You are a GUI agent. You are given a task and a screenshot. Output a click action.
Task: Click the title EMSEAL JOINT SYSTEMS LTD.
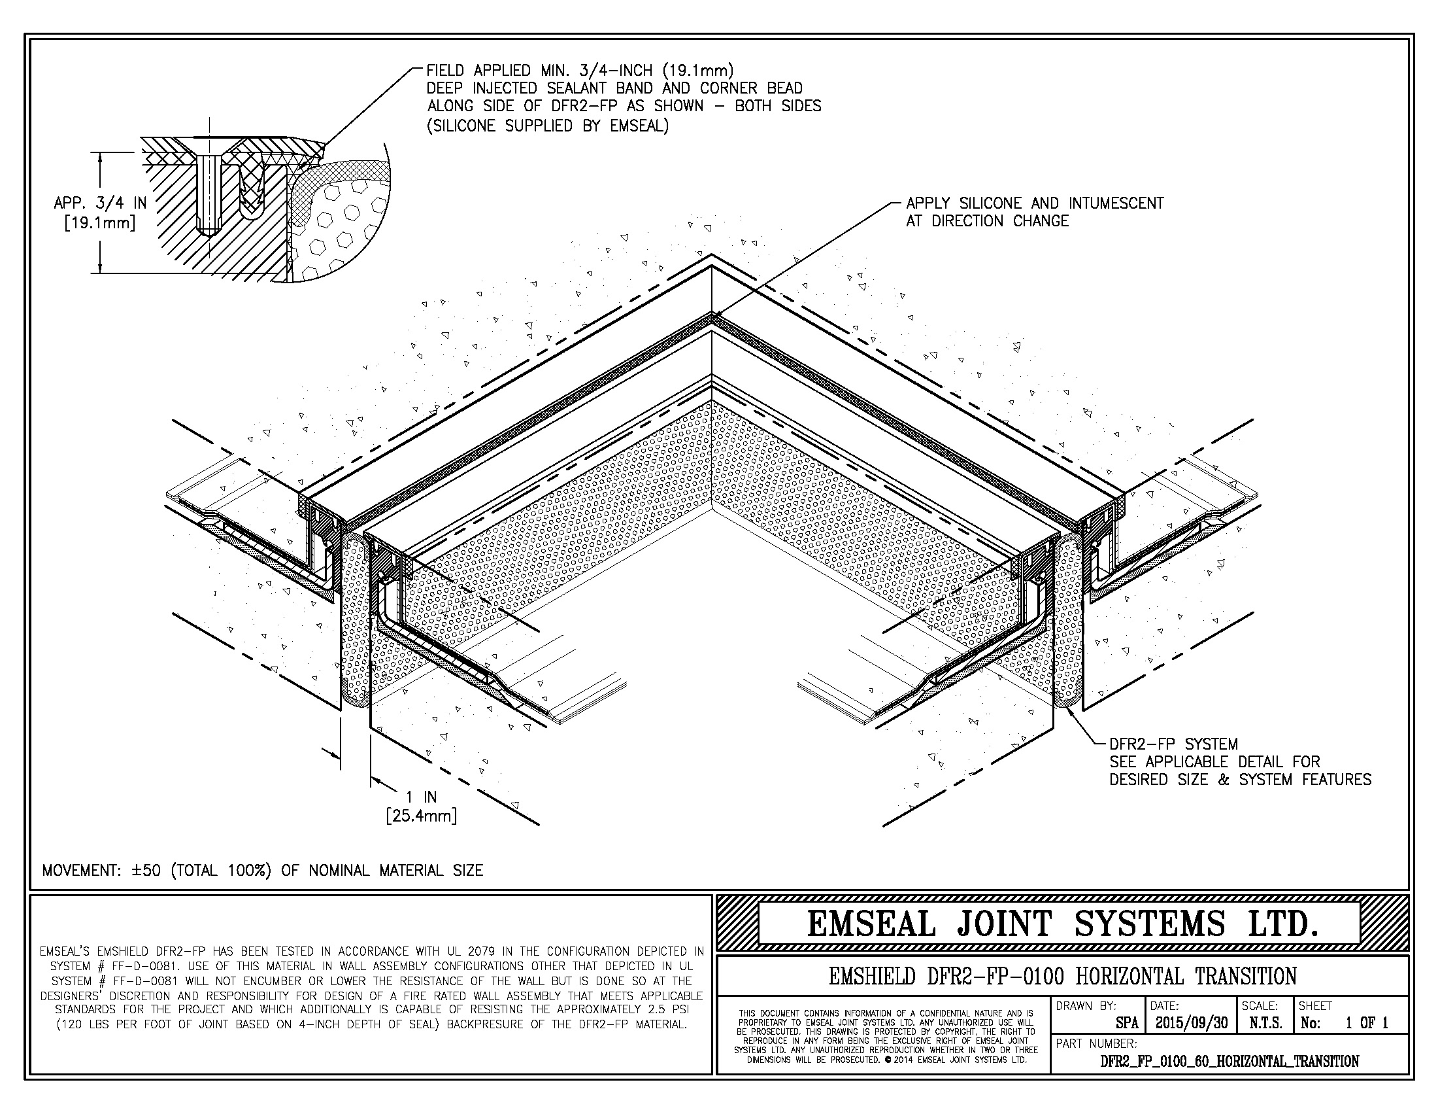(1063, 923)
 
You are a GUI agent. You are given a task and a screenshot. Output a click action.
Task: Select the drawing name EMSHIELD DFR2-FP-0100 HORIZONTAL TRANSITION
(1063, 976)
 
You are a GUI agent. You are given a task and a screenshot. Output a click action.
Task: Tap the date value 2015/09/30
(1192, 1022)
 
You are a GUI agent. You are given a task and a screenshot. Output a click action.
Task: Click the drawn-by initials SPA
(1128, 1023)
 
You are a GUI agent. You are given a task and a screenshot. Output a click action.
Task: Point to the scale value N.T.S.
(1265, 1022)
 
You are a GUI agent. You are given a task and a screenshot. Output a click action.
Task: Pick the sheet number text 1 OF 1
(1367, 1022)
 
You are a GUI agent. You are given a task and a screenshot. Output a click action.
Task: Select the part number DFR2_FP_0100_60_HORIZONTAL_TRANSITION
(1230, 1061)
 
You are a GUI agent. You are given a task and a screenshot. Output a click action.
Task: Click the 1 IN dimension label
(422, 797)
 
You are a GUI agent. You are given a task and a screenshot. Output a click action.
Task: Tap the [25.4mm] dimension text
(422, 816)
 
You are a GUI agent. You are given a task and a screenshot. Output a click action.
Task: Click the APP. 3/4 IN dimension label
(100, 203)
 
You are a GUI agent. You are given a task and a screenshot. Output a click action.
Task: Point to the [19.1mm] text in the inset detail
(100, 222)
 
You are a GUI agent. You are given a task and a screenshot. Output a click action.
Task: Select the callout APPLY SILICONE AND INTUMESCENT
(1035, 203)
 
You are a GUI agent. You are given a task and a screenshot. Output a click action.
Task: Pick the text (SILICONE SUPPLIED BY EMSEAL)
(548, 126)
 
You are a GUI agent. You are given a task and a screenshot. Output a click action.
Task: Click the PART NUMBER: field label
(1096, 1043)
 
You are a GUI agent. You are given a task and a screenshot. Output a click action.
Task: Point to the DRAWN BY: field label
(1086, 1006)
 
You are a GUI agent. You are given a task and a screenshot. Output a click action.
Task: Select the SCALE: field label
(1260, 1006)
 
